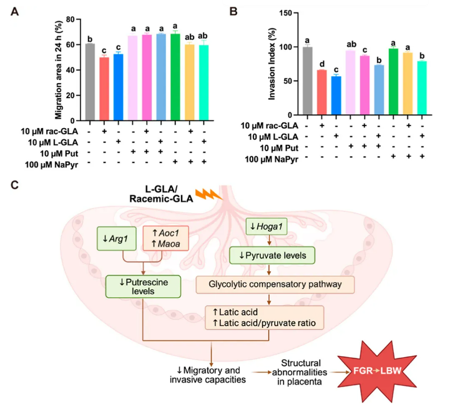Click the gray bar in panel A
tap(90, 82)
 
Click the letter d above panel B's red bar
tap(321, 63)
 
